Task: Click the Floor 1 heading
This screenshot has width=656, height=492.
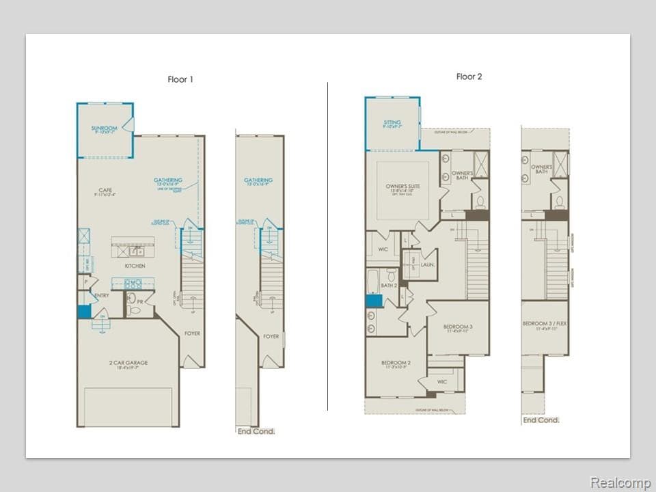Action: pos(180,79)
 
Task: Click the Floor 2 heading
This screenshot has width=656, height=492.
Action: pos(469,77)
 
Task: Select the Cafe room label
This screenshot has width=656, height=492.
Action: pos(105,191)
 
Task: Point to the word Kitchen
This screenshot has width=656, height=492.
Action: pos(134,266)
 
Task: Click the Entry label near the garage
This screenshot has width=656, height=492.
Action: pos(102,295)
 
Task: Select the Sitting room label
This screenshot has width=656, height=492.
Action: pos(392,123)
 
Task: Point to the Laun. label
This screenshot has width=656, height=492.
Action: pos(428,264)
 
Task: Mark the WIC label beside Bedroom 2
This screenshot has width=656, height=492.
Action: pos(441,382)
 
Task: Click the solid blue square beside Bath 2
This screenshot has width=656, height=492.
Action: pos(373,301)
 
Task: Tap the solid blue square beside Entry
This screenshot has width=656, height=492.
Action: pos(83,312)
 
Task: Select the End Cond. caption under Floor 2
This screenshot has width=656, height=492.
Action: pos(541,420)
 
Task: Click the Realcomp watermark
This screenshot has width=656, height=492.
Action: pos(620,482)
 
